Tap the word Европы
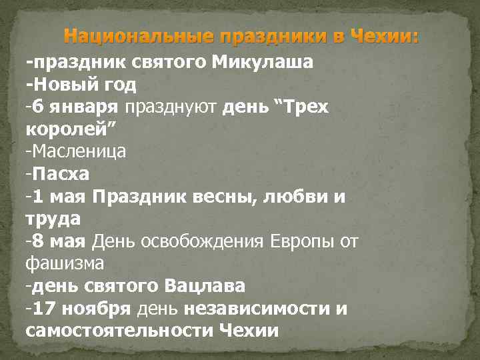[x=297, y=241]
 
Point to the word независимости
[x=256, y=309]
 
